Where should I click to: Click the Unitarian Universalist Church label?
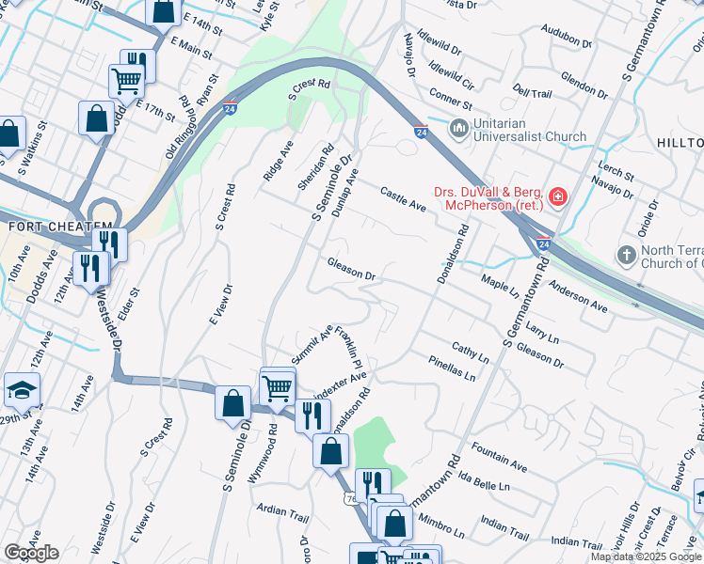click(x=530, y=129)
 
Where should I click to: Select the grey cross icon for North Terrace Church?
click(x=626, y=256)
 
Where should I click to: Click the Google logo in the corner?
click(x=31, y=552)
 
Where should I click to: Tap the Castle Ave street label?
click(x=404, y=199)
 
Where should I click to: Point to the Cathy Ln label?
click(x=470, y=352)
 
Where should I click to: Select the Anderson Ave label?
click(x=578, y=294)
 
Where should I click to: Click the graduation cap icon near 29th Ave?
click(x=21, y=389)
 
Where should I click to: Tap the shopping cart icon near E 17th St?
click(x=126, y=80)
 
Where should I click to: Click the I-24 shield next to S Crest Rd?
click(x=230, y=109)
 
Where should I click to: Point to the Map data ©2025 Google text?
click(x=647, y=556)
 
